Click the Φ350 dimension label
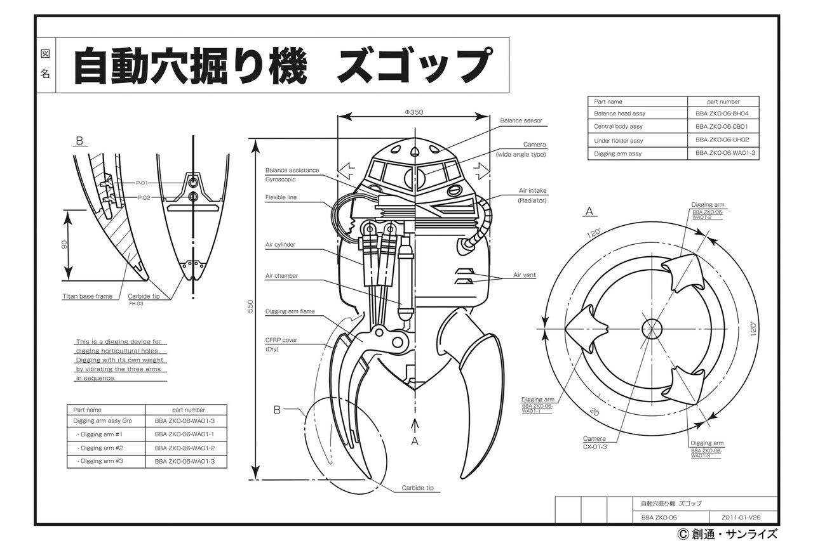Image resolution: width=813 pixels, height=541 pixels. [413, 112]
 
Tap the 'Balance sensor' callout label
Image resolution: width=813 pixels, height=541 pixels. [521, 121]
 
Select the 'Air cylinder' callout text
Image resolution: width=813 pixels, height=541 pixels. [280, 245]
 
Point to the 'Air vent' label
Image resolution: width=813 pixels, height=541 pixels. [525, 275]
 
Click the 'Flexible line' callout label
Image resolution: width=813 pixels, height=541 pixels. [281, 197]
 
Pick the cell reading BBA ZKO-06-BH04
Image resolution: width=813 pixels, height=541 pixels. [722, 114]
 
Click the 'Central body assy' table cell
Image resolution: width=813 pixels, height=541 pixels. [618, 127]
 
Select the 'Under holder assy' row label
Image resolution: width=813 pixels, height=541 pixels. [618, 141]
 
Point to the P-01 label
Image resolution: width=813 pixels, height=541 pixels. [142, 183]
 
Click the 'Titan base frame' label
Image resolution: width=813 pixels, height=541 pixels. [87, 296]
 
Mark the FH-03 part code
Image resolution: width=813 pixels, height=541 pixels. [136, 304]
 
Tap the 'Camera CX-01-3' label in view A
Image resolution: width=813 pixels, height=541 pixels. [595, 443]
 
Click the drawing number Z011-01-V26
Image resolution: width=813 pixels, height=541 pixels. [741, 517]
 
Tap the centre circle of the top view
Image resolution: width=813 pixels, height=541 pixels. [651, 328]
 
